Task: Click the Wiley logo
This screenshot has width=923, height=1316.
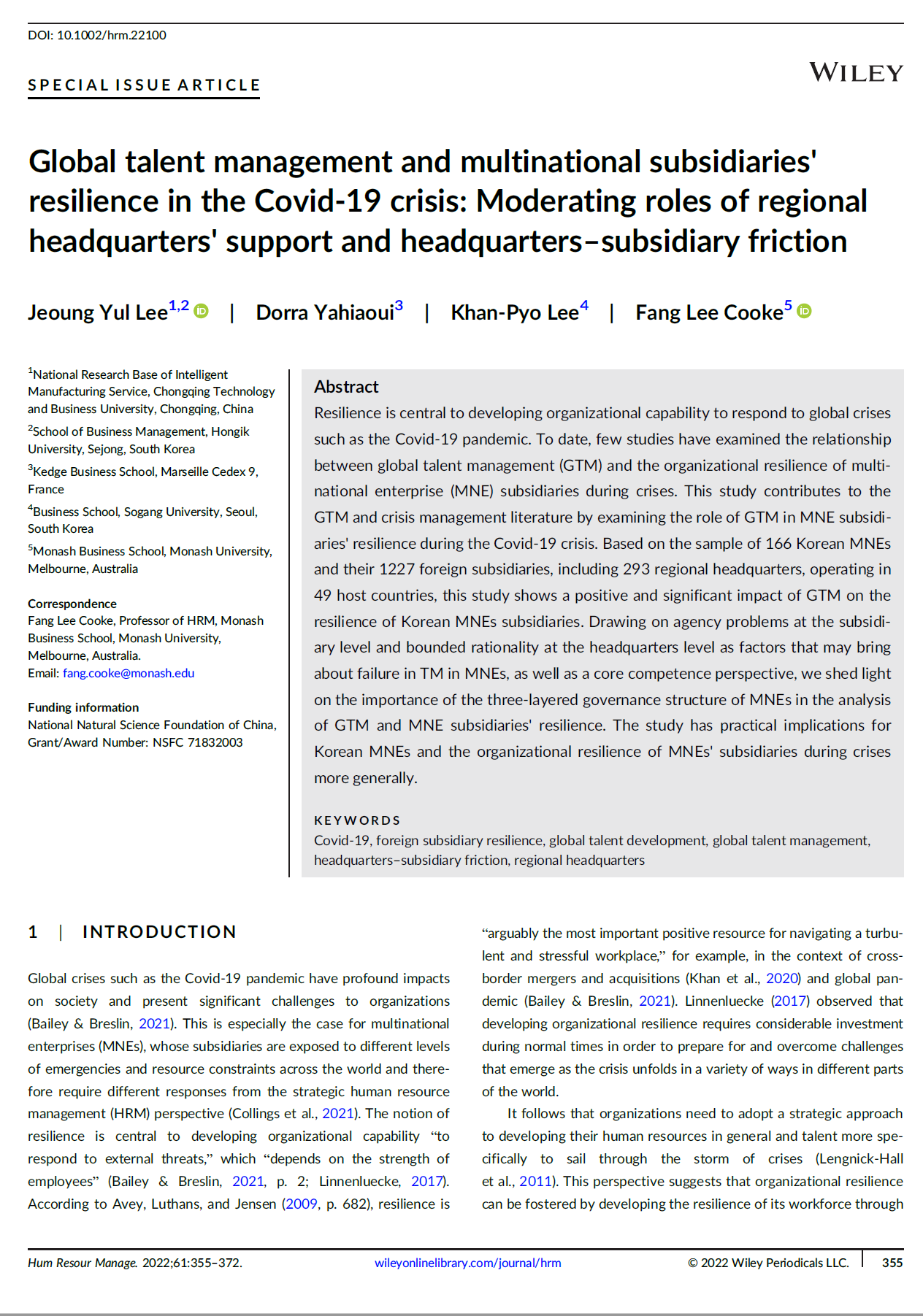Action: click(x=856, y=72)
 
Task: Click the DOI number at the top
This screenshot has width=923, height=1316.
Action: click(x=112, y=35)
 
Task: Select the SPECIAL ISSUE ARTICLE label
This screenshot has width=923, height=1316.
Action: click(x=144, y=85)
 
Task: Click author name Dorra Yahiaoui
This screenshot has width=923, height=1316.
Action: click(x=325, y=313)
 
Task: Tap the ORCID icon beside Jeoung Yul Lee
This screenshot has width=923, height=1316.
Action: click(x=202, y=311)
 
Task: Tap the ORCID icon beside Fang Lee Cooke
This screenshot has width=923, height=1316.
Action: click(x=804, y=311)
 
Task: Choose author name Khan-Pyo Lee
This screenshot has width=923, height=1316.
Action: click(x=515, y=313)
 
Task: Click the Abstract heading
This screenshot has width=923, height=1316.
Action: click(x=346, y=387)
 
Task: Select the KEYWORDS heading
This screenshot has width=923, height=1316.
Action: click(x=357, y=820)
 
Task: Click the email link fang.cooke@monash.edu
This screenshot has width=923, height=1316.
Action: click(x=129, y=673)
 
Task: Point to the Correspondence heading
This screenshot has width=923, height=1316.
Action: click(x=72, y=604)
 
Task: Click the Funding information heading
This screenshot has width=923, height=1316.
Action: click(x=83, y=707)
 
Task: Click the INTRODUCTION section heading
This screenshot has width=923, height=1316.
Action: click(x=159, y=932)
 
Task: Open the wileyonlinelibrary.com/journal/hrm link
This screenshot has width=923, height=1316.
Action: click(x=467, y=1263)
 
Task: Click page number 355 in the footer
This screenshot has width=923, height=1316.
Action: click(x=892, y=1263)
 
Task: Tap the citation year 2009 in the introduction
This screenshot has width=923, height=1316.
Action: click(x=302, y=1204)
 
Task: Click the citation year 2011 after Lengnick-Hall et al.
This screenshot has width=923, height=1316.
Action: click(x=535, y=1181)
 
